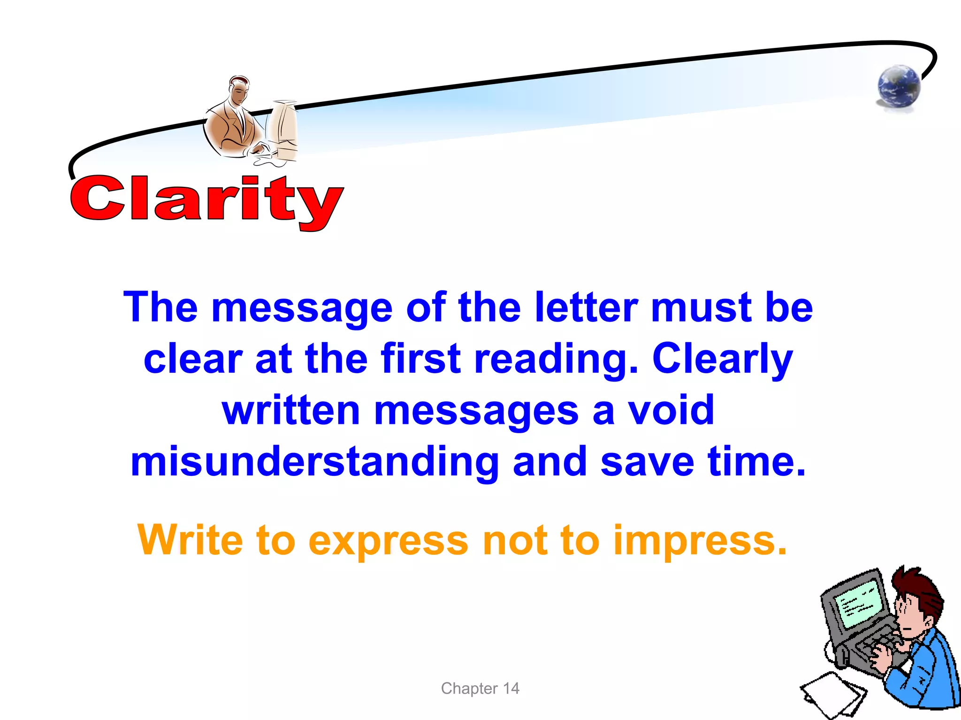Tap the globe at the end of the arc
pos(899,87)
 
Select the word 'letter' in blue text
pos(586,307)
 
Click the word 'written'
pos(291,411)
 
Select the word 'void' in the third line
pos(671,411)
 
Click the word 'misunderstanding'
pos(314,462)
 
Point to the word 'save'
pos(647,462)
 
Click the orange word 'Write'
pos(190,540)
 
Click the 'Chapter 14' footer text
pos(480,689)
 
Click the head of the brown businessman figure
pos(239,89)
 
